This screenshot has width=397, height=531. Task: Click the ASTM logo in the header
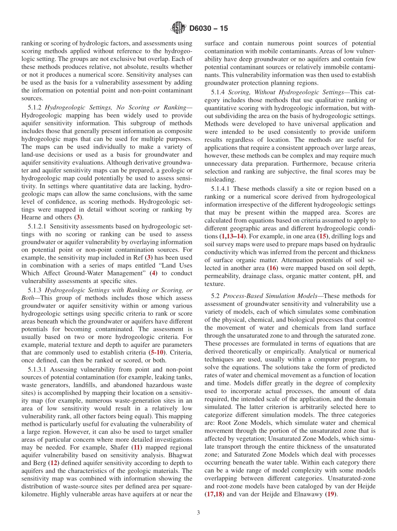tap(178, 28)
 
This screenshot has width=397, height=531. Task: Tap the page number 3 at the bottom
tap(198, 513)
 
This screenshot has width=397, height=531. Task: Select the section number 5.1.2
tap(35, 107)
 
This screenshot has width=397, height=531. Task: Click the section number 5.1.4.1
tap(221, 189)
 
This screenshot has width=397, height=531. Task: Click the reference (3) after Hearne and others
tap(77, 217)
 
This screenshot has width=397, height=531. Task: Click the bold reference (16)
tap(273, 268)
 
